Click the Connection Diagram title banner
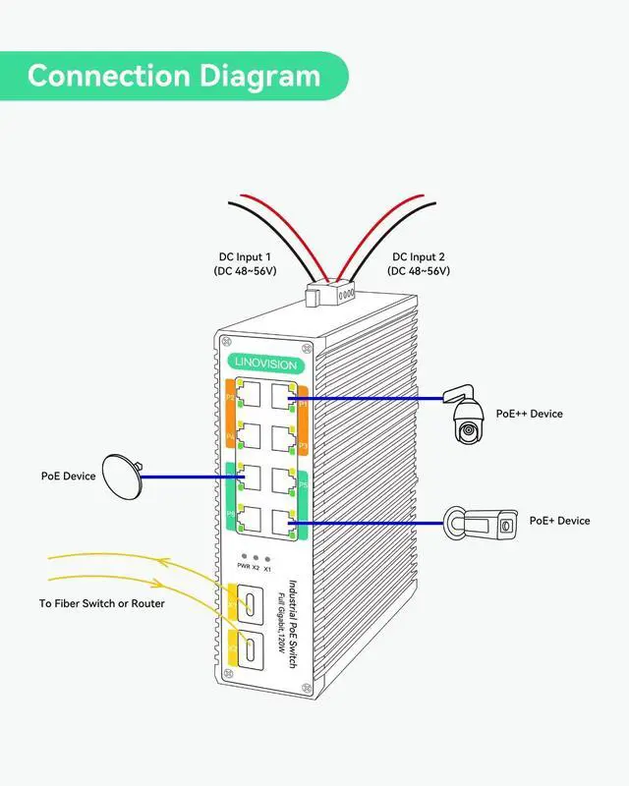click(174, 76)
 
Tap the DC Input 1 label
click(243, 263)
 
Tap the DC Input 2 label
click(421, 263)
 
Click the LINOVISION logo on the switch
click(265, 365)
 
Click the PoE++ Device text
click(530, 414)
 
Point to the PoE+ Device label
click(559, 521)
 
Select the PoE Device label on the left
click(69, 477)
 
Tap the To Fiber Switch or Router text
click(102, 603)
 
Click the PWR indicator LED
click(243, 557)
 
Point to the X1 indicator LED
click(267, 557)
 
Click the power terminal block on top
click(327, 294)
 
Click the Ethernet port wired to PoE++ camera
click(287, 397)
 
